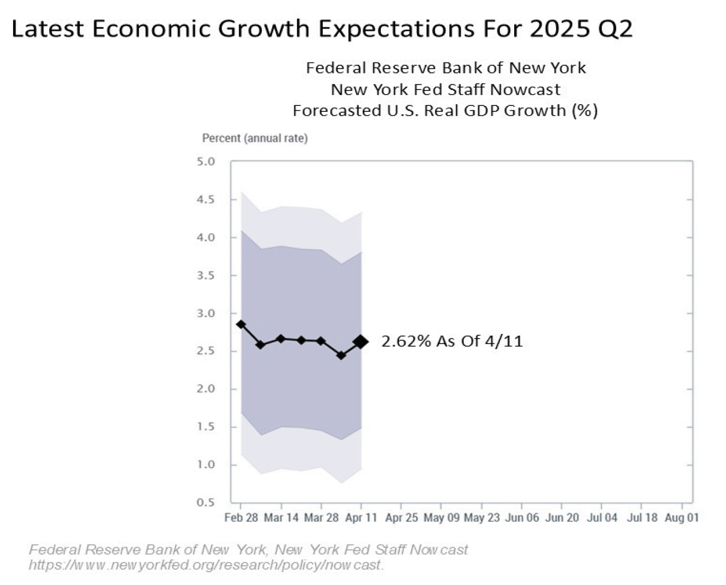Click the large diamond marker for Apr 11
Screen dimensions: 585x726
pyautogui.click(x=361, y=341)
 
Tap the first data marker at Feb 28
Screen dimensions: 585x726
pyautogui.click(x=241, y=324)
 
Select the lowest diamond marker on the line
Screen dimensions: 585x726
pyautogui.click(x=341, y=356)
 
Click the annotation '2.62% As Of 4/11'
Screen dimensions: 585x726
pyautogui.click(x=452, y=341)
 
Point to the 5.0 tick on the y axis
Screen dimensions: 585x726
pyautogui.click(x=206, y=162)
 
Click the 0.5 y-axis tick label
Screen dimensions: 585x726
pyautogui.click(x=206, y=503)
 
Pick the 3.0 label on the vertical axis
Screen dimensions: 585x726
pyautogui.click(x=206, y=313)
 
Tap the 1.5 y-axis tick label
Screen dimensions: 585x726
pyautogui.click(x=206, y=427)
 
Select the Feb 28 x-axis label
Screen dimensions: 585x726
pyautogui.click(x=241, y=517)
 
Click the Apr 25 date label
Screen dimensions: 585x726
pyautogui.click(x=402, y=517)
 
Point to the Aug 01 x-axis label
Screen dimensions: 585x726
pyautogui.click(x=682, y=517)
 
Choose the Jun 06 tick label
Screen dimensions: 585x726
pyautogui.click(x=522, y=517)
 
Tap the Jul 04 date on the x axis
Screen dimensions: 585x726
pyautogui.click(x=602, y=517)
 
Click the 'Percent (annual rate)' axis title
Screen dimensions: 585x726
pyautogui.click(x=255, y=138)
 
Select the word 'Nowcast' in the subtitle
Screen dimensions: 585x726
pyautogui.click(x=525, y=89)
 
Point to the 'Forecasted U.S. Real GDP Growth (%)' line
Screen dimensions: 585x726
pyautogui.click(x=445, y=110)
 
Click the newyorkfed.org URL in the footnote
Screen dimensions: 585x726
pyautogui.click(x=206, y=565)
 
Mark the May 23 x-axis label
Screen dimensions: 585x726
pyautogui.click(x=482, y=517)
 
